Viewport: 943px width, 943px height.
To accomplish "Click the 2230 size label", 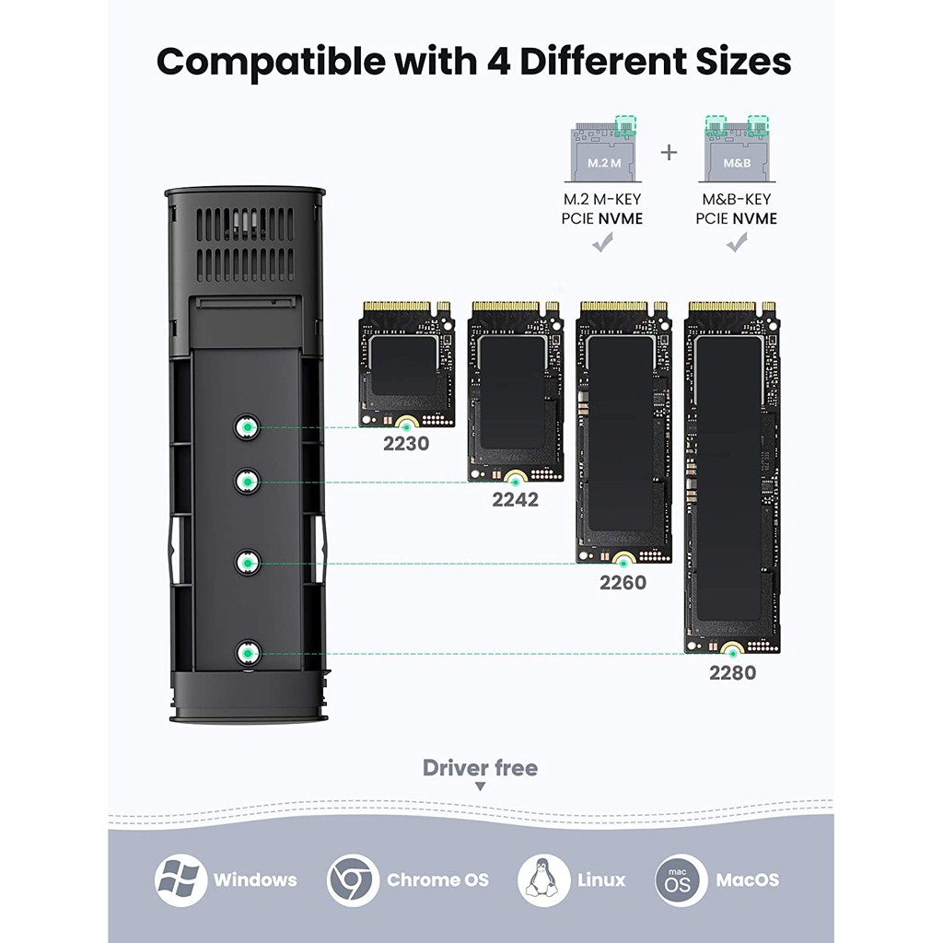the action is pos(406,444).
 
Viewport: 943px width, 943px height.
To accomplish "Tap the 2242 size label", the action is pos(516,500).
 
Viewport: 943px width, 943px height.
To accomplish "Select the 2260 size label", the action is pos(623,583).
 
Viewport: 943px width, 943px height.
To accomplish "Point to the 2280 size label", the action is pos(732,673).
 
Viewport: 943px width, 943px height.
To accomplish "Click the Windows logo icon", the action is pos(181,879).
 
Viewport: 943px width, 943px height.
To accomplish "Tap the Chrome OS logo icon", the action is pos(353,879).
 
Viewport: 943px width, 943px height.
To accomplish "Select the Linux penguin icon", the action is pos(543,879).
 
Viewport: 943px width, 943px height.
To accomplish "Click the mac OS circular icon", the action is pos(681,879).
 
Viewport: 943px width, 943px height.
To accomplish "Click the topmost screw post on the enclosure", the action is pos(247,427).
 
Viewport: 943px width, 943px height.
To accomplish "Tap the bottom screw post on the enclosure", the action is pos(247,653).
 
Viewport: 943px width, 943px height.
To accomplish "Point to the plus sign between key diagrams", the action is pos(669,153).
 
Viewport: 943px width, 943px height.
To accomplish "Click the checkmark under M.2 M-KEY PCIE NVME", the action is pos(602,243).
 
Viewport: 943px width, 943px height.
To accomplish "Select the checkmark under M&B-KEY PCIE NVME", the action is pos(737,243).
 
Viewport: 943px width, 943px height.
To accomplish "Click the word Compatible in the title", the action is pos(272,63).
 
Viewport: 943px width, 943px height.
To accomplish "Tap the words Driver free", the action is pos(480,768).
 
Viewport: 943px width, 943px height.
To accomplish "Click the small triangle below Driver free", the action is pos(480,786).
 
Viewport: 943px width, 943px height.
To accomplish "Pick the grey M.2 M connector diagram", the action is pos(602,150).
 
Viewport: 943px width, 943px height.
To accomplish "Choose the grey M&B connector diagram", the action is pos(737,150).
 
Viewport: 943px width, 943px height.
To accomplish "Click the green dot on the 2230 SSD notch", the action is pos(406,427).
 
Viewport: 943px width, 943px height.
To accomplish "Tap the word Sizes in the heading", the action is pos(743,62).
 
